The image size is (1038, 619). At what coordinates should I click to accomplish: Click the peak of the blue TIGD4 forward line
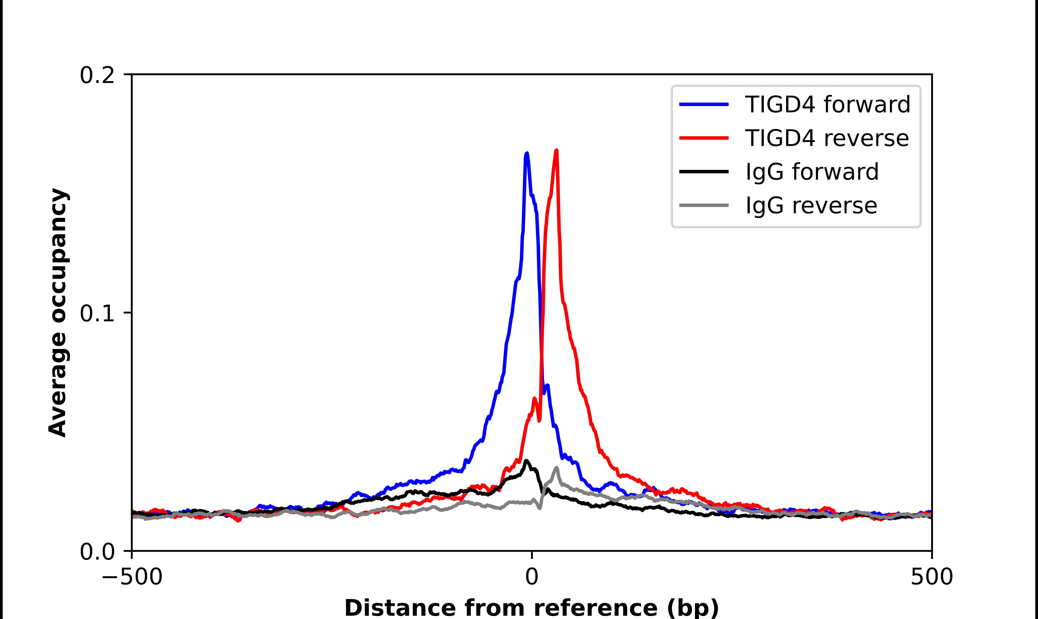click(527, 153)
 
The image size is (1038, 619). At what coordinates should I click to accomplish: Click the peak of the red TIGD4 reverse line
click(556, 151)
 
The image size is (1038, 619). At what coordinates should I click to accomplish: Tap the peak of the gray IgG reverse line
click(556, 468)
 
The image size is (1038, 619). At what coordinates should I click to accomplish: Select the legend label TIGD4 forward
click(827, 104)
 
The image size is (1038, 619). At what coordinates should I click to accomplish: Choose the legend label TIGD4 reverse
click(826, 138)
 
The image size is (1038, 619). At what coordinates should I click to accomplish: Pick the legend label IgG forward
click(812, 172)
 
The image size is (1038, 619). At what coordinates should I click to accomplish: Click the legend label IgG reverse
click(811, 206)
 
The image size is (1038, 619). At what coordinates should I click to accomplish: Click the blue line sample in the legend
click(704, 104)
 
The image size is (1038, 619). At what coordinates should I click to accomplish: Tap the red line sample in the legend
click(704, 138)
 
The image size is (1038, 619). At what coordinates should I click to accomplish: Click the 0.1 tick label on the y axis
click(97, 314)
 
